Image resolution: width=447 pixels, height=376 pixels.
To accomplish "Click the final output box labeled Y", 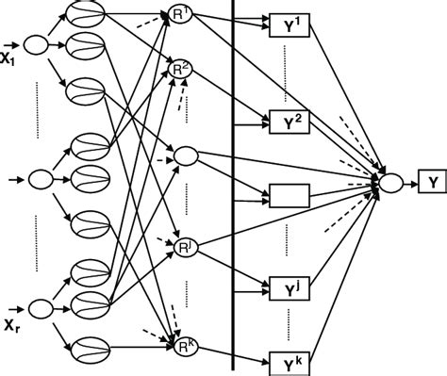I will click(x=432, y=176).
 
